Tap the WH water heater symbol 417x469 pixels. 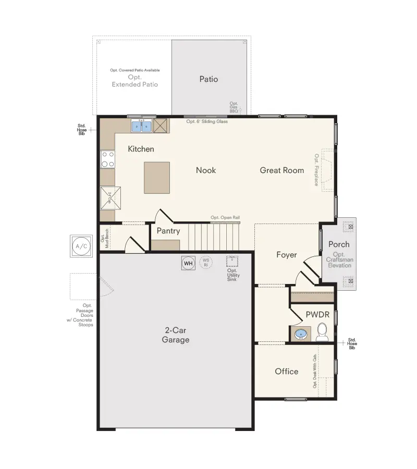pyautogui.click(x=188, y=263)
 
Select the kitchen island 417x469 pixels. pyautogui.click(x=156, y=178)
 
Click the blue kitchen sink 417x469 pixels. pyautogui.click(x=141, y=126)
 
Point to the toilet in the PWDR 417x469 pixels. pyautogui.click(x=322, y=331)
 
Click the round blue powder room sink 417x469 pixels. pyautogui.click(x=301, y=334)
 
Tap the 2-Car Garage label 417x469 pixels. pyautogui.click(x=177, y=335)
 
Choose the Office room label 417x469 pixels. pyautogui.click(x=287, y=371)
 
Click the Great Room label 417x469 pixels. pyautogui.click(x=282, y=170)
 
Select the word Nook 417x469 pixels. pyautogui.click(x=206, y=170)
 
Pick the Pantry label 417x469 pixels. pyautogui.click(x=168, y=231)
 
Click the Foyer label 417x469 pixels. pyautogui.click(x=287, y=255)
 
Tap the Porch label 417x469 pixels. pyautogui.click(x=339, y=244)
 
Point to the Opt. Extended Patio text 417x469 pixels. pyautogui.click(x=134, y=81)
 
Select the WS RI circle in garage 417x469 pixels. pyautogui.click(x=205, y=262)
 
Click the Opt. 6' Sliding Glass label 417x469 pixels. pyautogui.click(x=207, y=121)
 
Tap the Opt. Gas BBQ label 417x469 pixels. pyautogui.click(x=234, y=106)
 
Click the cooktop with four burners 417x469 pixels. pyautogui.click(x=108, y=159)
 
